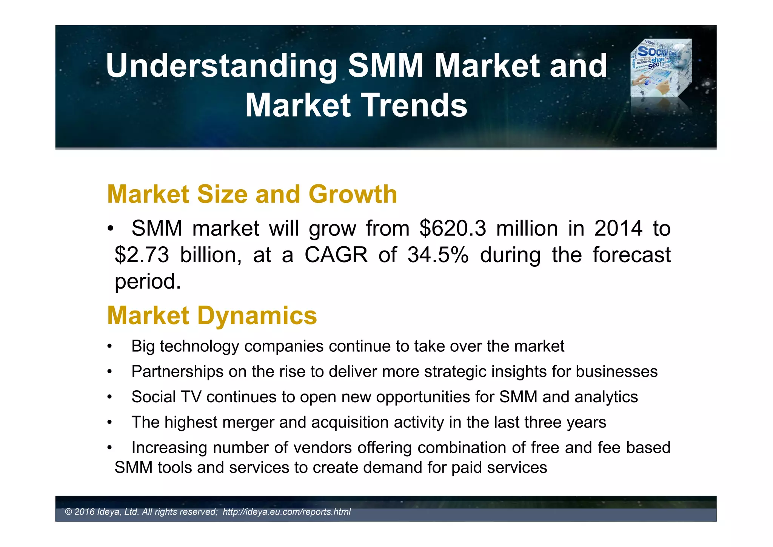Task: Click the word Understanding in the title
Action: (x=221, y=66)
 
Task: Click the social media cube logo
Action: (x=661, y=68)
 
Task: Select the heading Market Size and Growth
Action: (x=252, y=194)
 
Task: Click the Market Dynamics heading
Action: (x=212, y=315)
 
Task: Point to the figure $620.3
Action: (x=453, y=229)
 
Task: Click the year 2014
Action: (x=618, y=229)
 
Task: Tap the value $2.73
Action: (x=142, y=255)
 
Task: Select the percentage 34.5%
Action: (x=437, y=255)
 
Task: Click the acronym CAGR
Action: (x=336, y=255)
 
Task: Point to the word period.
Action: (x=147, y=282)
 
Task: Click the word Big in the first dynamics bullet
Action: (x=143, y=346)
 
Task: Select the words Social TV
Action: (x=166, y=397)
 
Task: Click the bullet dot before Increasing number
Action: (x=109, y=448)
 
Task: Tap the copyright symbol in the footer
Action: (x=68, y=512)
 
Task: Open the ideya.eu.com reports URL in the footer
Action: (x=286, y=512)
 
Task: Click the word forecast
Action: (x=631, y=255)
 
